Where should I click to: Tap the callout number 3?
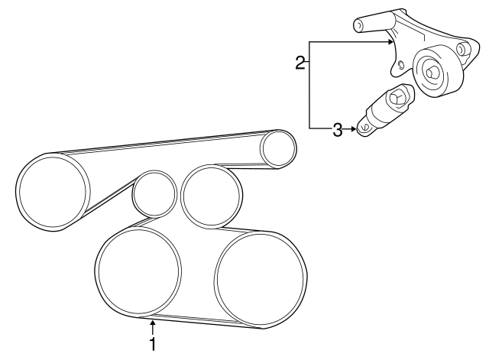338,130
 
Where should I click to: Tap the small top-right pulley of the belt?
277,148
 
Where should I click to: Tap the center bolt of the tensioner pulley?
432,74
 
